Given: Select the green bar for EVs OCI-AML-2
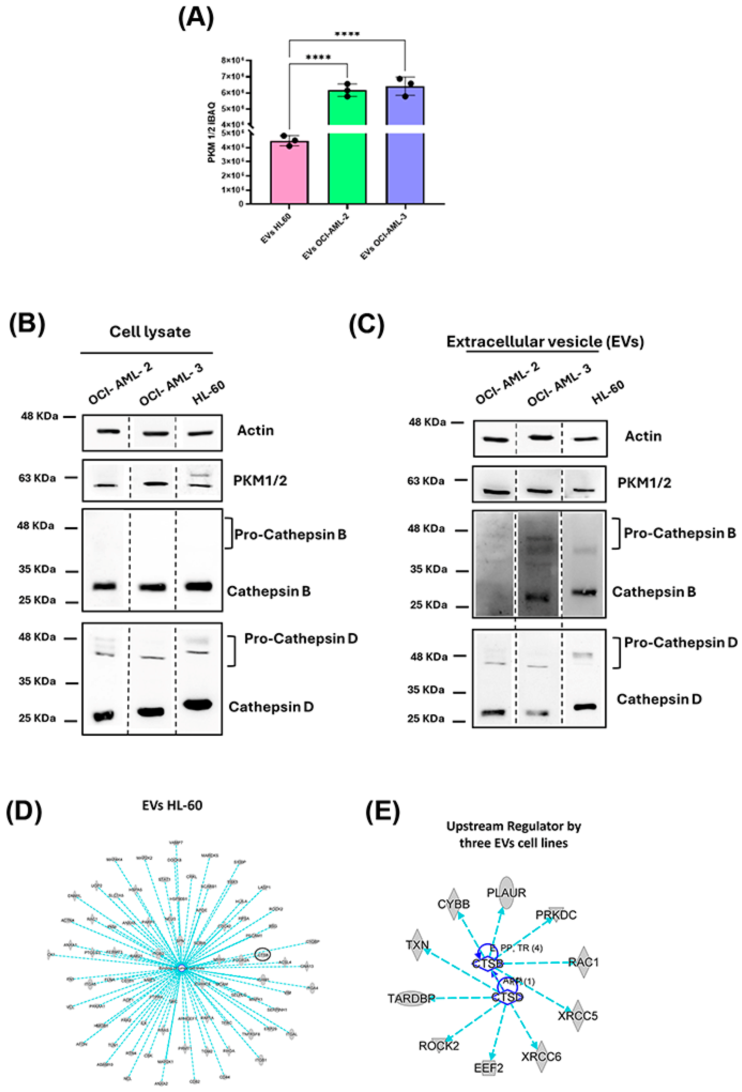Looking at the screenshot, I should coord(347,160).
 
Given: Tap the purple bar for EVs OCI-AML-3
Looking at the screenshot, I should coord(405,160).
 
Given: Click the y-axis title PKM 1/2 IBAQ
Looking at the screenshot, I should coord(212,133).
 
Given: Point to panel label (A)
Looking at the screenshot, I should coord(196,19).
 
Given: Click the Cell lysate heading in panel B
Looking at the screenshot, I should coord(150,332).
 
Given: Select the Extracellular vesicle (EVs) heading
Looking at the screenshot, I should coord(545,342).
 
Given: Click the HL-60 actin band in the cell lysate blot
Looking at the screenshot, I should coord(201,433).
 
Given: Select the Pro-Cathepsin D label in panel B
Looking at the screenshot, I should coord(301,639).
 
